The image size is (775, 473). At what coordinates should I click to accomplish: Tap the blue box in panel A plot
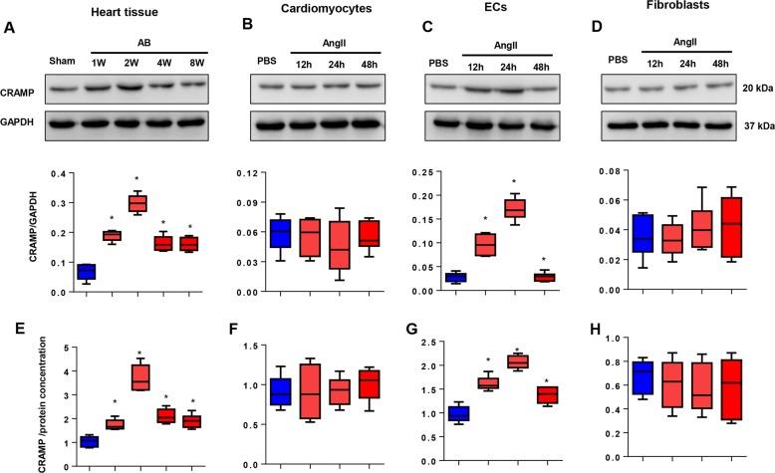[x=87, y=271]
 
